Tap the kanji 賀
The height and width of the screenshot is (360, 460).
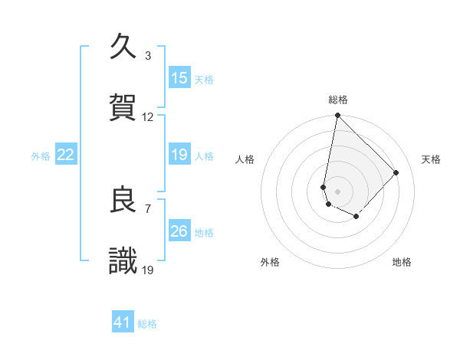[x=123, y=106]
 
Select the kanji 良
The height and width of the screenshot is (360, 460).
[x=123, y=200]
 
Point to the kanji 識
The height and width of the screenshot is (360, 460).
[x=123, y=261]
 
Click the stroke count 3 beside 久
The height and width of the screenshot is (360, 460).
[x=148, y=56]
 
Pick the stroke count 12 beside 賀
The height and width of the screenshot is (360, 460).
[x=148, y=117]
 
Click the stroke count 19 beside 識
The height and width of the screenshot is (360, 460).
[x=148, y=270]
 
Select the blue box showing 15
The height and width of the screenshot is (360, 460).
[x=179, y=78]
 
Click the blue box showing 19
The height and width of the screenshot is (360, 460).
[x=179, y=155]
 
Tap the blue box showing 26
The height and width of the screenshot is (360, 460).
[x=179, y=231]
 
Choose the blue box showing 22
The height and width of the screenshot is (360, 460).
[x=66, y=155]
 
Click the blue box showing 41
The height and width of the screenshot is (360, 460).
[x=123, y=322]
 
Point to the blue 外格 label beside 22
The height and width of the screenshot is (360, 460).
[x=41, y=156]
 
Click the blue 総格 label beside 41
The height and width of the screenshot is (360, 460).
[x=147, y=324]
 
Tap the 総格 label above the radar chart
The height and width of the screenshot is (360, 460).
[x=338, y=100]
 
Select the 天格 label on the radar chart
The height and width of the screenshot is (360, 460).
[x=431, y=159]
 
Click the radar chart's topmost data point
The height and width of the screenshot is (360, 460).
[x=337, y=116]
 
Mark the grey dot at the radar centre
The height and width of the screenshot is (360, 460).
[x=337, y=191]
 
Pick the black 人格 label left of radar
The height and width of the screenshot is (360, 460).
[x=245, y=159]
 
